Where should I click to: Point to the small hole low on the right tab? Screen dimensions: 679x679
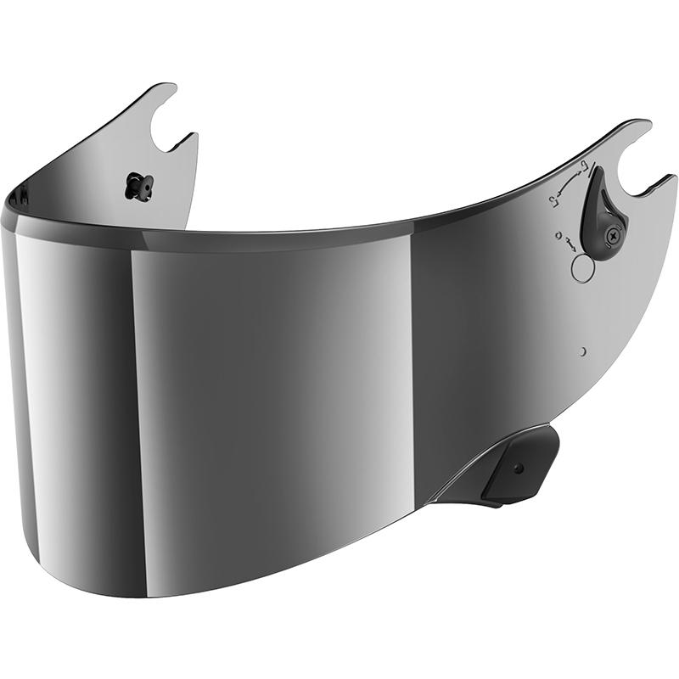(584, 351)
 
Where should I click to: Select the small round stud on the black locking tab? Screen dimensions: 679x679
(518, 468)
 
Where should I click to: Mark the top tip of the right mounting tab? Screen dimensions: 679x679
(641, 122)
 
